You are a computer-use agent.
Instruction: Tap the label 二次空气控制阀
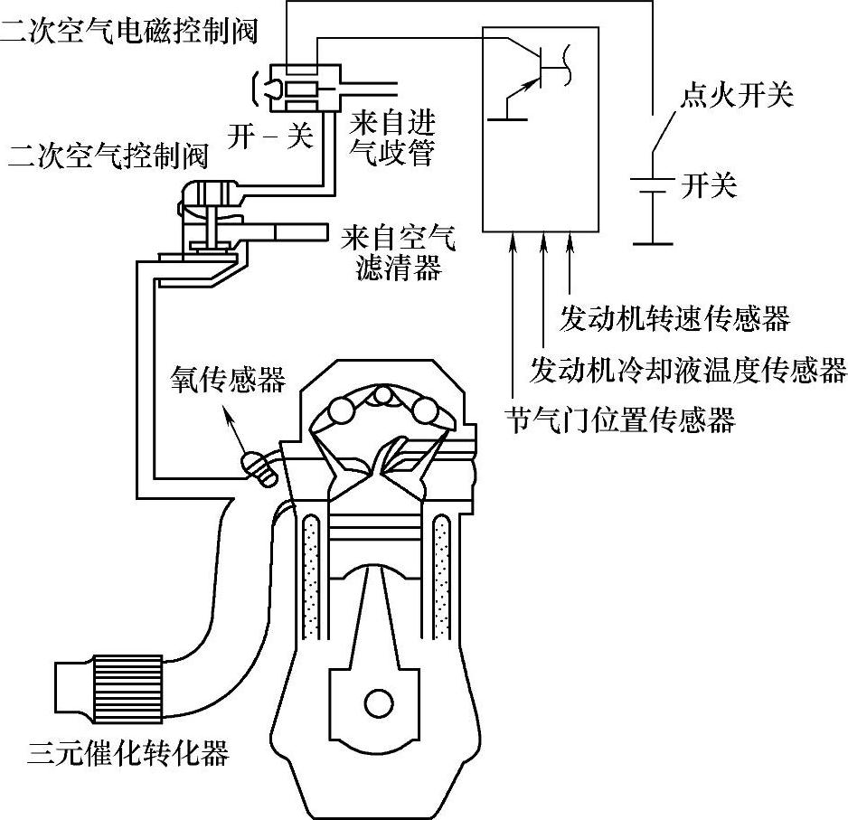point(107,156)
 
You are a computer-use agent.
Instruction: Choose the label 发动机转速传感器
point(674,318)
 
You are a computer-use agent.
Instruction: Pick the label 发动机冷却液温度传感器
point(688,369)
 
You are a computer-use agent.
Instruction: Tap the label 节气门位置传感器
point(621,419)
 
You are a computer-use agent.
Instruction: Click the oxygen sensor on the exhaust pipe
point(259,468)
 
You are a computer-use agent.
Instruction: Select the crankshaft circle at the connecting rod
point(374,702)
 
